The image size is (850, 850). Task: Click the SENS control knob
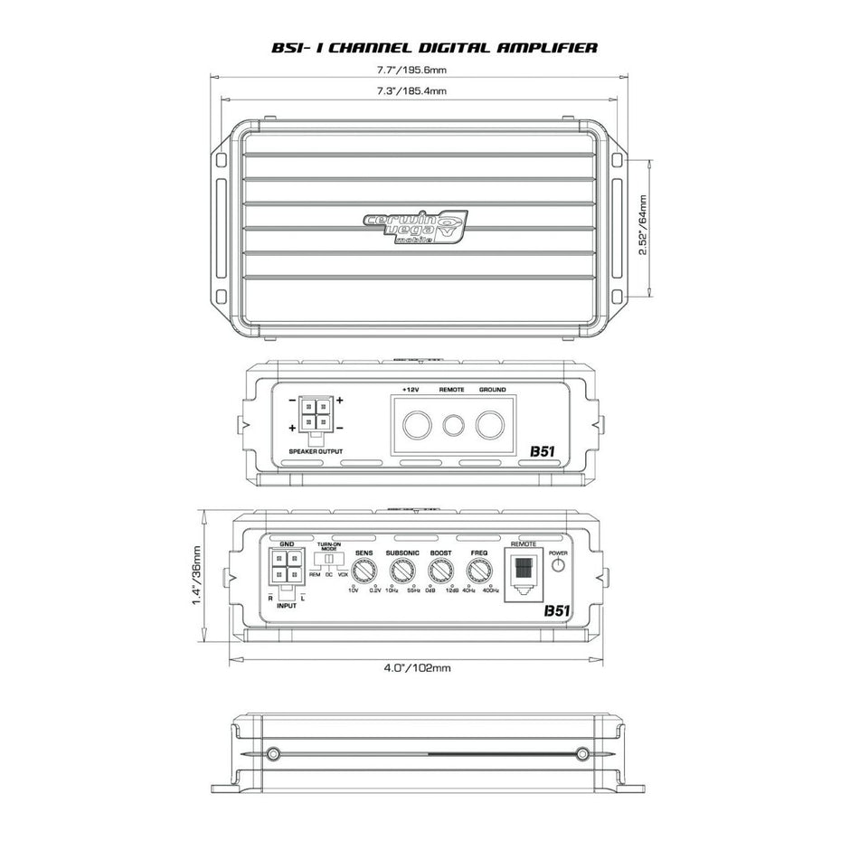coord(364,571)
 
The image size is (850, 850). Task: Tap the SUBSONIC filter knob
coord(401,571)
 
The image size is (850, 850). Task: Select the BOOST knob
coord(440,571)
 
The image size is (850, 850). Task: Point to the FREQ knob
coord(478,571)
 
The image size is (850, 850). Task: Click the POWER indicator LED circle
coord(558,566)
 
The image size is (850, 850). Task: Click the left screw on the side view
coord(274,752)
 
